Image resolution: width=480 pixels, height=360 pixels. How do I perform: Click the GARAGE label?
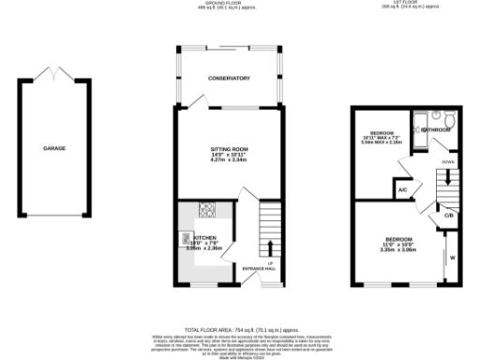pos(54,148)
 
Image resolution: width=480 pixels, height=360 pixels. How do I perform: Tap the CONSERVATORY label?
pos(229,79)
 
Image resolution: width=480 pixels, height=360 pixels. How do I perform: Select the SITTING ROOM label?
pos(229,148)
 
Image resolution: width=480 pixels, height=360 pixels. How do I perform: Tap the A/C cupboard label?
pos(402,189)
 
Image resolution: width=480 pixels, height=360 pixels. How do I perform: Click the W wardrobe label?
pos(453,257)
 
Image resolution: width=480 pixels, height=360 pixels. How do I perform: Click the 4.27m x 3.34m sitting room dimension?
pos(229,159)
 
